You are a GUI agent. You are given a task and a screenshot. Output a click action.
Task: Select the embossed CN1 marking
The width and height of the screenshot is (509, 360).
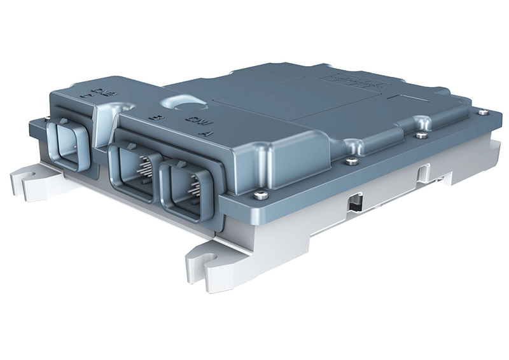coord(192,121)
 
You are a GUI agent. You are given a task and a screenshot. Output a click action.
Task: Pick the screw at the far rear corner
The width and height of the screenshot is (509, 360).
coord(483,113)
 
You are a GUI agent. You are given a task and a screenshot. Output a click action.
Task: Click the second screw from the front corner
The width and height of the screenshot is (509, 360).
coord(349,162)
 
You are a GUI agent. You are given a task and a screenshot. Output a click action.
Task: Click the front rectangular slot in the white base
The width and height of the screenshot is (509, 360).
coord(354,203)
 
